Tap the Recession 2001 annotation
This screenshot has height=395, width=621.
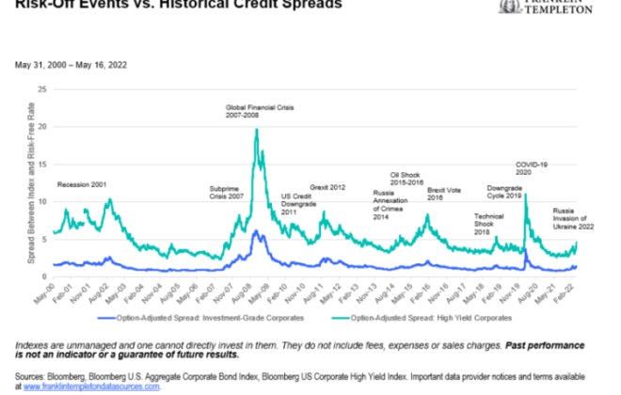pyautogui.click(x=80, y=183)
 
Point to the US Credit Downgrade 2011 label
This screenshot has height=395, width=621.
pyautogui.click(x=301, y=204)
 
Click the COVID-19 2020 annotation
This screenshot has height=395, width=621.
pyautogui.click(x=533, y=169)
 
